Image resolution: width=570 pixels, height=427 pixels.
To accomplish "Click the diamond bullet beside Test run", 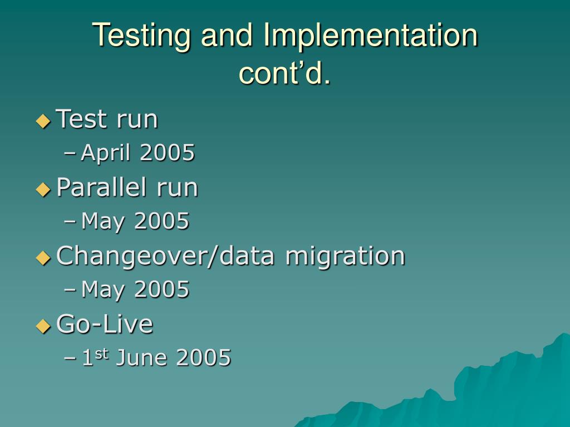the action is click(43, 121).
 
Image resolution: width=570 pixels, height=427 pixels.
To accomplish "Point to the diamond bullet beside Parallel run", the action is click(43, 189).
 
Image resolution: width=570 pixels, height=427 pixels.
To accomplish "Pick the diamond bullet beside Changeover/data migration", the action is click(43, 258).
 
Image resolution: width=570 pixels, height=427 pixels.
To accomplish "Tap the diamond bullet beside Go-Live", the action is click(43, 326).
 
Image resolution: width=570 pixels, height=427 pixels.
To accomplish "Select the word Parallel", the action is click(101, 187).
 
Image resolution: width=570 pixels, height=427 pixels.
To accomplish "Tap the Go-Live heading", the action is click(105, 324).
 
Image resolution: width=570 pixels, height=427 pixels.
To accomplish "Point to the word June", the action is click(142, 358).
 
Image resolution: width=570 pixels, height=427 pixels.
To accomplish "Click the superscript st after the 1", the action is click(101, 353).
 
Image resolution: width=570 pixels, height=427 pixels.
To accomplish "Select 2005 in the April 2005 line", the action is click(167, 152).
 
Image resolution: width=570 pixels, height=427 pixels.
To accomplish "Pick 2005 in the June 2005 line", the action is click(204, 358).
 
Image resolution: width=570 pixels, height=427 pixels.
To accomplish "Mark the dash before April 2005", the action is click(70, 153).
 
